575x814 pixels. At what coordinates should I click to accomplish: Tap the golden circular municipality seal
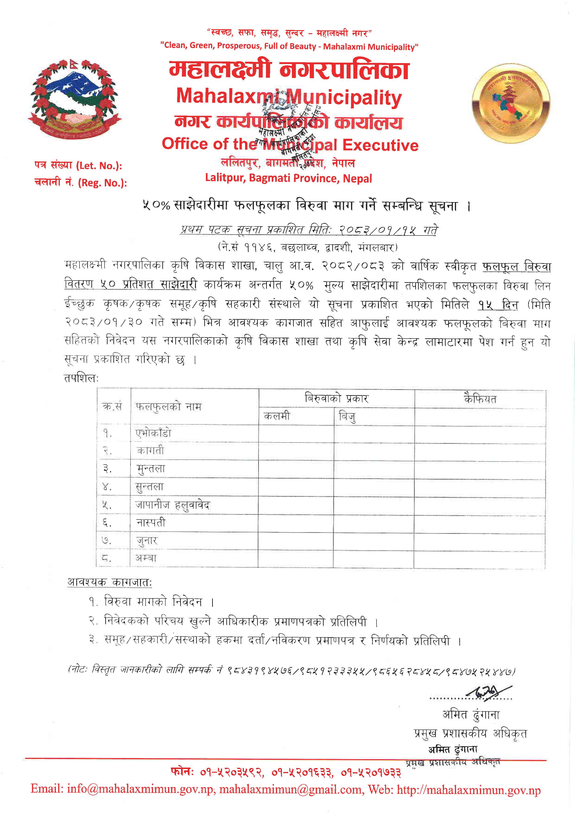pos(511,104)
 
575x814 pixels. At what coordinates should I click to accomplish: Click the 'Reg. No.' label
pos(80,183)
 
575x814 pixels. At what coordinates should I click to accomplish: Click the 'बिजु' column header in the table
pos(347,416)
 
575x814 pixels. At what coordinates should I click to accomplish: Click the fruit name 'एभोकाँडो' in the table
pos(153,433)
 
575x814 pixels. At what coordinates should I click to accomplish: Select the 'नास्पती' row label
pos(151,523)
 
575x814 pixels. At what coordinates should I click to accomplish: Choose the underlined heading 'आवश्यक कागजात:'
pos(109,582)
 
